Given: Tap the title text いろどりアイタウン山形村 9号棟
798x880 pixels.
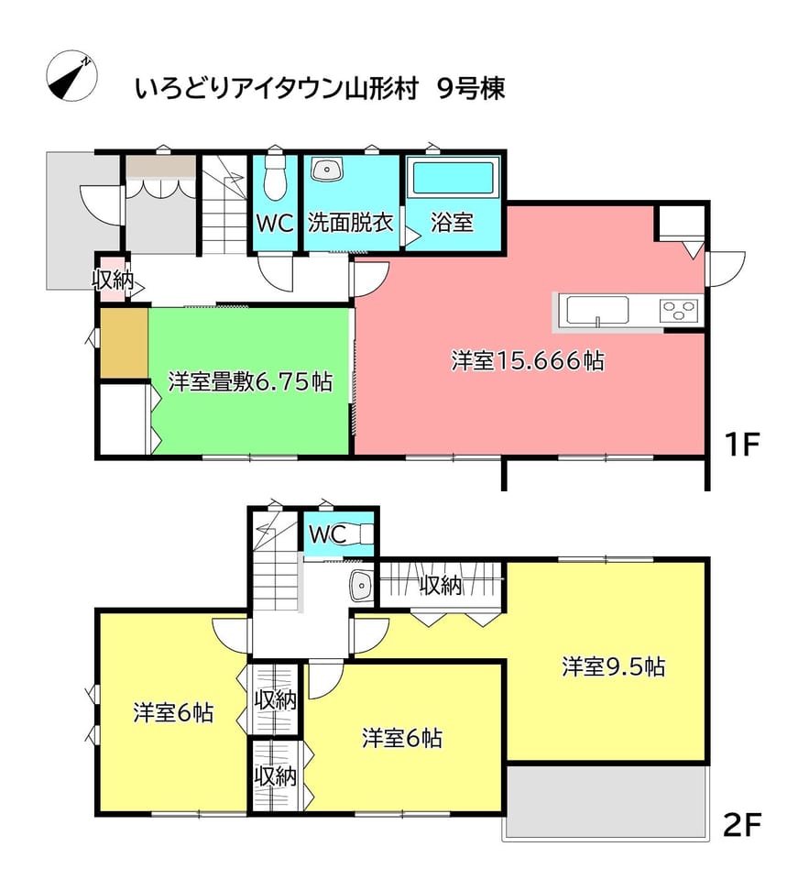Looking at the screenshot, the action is point(321,89).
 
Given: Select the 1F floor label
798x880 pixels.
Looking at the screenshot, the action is point(741,445).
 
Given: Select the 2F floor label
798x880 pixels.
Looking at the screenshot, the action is point(741,824).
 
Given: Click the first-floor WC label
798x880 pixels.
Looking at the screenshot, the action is point(276,224).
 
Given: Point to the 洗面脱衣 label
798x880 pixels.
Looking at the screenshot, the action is point(351,223).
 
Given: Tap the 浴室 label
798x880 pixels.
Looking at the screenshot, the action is point(452,223).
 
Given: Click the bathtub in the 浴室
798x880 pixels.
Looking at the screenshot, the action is point(454,178).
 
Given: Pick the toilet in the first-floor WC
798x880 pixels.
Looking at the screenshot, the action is point(275,176).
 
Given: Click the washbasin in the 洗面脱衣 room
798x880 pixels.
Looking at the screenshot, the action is point(326,170).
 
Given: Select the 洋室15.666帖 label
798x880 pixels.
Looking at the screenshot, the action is point(529,361).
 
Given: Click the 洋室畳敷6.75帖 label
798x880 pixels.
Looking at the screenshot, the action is point(251,381).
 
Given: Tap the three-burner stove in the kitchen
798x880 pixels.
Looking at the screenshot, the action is point(680,310).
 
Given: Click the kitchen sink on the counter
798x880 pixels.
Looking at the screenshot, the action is point(597,311).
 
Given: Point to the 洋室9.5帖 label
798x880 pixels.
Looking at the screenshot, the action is point(614,667).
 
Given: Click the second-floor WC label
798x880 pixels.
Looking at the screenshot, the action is point(328,534).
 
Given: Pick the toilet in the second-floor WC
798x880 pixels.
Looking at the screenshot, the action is point(357,533).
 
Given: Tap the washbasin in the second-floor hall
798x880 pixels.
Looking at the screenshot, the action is point(361,587).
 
